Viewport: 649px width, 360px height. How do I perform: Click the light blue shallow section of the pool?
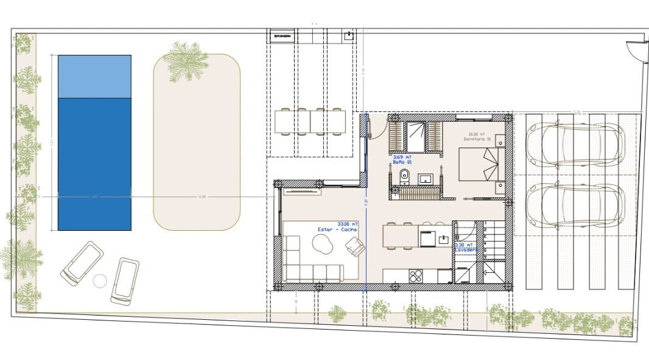(94, 76)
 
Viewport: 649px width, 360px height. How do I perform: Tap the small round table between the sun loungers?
(100, 281)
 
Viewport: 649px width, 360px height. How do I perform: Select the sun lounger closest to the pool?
(82, 263)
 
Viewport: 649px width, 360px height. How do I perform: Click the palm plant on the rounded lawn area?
(186, 61)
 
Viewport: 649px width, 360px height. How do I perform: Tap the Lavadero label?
(466, 250)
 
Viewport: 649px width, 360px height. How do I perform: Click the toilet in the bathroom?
(404, 177)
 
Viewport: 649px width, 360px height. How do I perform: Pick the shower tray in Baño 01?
(417, 136)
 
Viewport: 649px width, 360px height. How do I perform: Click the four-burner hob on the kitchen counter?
(416, 275)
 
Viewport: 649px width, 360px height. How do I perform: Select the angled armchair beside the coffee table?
(356, 247)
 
